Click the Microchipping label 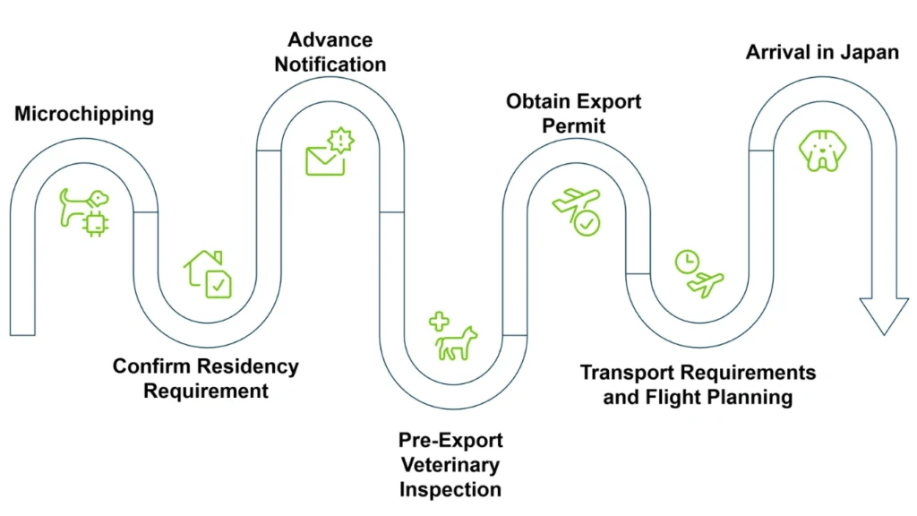(84, 114)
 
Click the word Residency (248, 367)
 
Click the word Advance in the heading (330, 40)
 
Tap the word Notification (330, 64)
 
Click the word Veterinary (450, 465)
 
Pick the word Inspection (450, 489)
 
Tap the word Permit (573, 125)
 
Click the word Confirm (152, 367)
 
